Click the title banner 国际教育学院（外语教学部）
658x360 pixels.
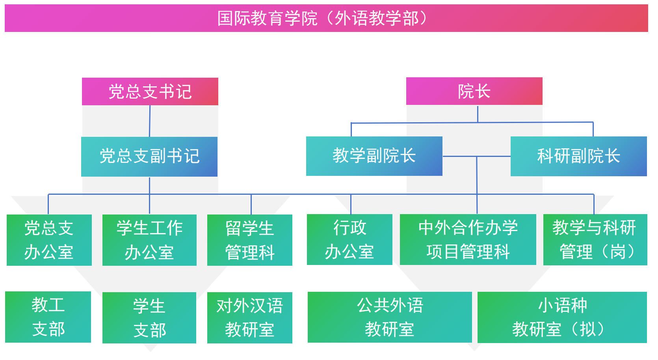point(326,18)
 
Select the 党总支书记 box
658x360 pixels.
point(150,91)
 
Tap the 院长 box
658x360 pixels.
point(474,91)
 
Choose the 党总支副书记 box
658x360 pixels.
point(149,157)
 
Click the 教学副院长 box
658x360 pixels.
point(374,156)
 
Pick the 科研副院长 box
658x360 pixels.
point(578,156)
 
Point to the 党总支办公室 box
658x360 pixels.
point(49,240)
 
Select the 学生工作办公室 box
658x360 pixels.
point(149,240)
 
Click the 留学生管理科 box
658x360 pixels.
point(249,240)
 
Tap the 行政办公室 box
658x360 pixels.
point(349,239)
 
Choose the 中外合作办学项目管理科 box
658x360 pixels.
point(468,239)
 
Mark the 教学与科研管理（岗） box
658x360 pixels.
point(595,239)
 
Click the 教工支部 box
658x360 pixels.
point(48,317)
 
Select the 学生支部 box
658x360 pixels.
point(149,317)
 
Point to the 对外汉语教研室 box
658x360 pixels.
point(249,317)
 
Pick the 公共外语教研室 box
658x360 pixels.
point(389,317)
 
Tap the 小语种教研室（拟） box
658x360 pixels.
point(562,317)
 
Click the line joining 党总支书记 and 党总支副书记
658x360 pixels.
point(150,121)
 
